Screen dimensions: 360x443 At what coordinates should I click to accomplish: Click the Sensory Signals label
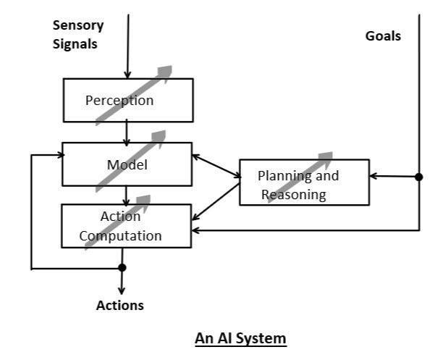point(77,34)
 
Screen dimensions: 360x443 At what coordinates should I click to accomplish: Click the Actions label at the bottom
point(120,305)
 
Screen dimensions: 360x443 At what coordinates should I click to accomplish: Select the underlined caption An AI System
point(240,338)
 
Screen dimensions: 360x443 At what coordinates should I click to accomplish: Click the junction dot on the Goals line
point(419,176)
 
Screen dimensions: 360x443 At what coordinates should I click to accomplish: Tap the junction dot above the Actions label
point(122,268)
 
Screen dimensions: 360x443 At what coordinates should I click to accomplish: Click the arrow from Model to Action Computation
point(127,196)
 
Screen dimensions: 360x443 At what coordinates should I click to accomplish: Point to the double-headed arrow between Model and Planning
point(216,165)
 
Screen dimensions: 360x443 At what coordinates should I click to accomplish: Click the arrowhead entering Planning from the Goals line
point(374,176)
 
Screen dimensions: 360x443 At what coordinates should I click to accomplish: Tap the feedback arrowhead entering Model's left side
point(57,154)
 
